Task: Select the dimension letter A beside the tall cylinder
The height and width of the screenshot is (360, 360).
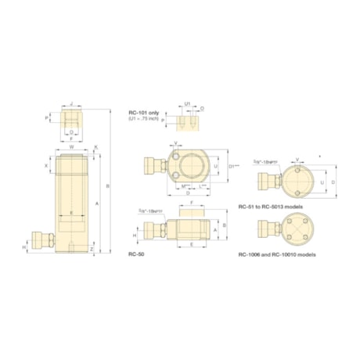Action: pyautogui.click(x=96, y=202)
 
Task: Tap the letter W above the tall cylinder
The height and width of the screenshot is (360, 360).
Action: pyautogui.click(x=71, y=146)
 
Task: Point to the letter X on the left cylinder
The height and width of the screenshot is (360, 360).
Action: pyautogui.click(x=47, y=166)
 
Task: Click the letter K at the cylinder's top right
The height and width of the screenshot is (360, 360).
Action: pyautogui.click(x=96, y=146)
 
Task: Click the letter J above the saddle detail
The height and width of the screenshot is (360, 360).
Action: pyautogui.click(x=71, y=102)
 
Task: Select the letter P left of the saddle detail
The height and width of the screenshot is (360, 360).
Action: pyautogui.click(x=47, y=117)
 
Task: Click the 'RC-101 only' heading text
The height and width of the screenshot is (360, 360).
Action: pyautogui.click(x=144, y=113)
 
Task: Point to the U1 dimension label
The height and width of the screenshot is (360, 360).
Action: pyautogui.click(x=188, y=103)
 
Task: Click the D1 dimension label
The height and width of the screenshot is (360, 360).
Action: pyautogui.click(x=232, y=167)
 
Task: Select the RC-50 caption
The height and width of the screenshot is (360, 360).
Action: pyautogui.click(x=138, y=254)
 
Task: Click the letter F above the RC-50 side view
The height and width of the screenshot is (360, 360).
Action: pyautogui.click(x=191, y=202)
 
